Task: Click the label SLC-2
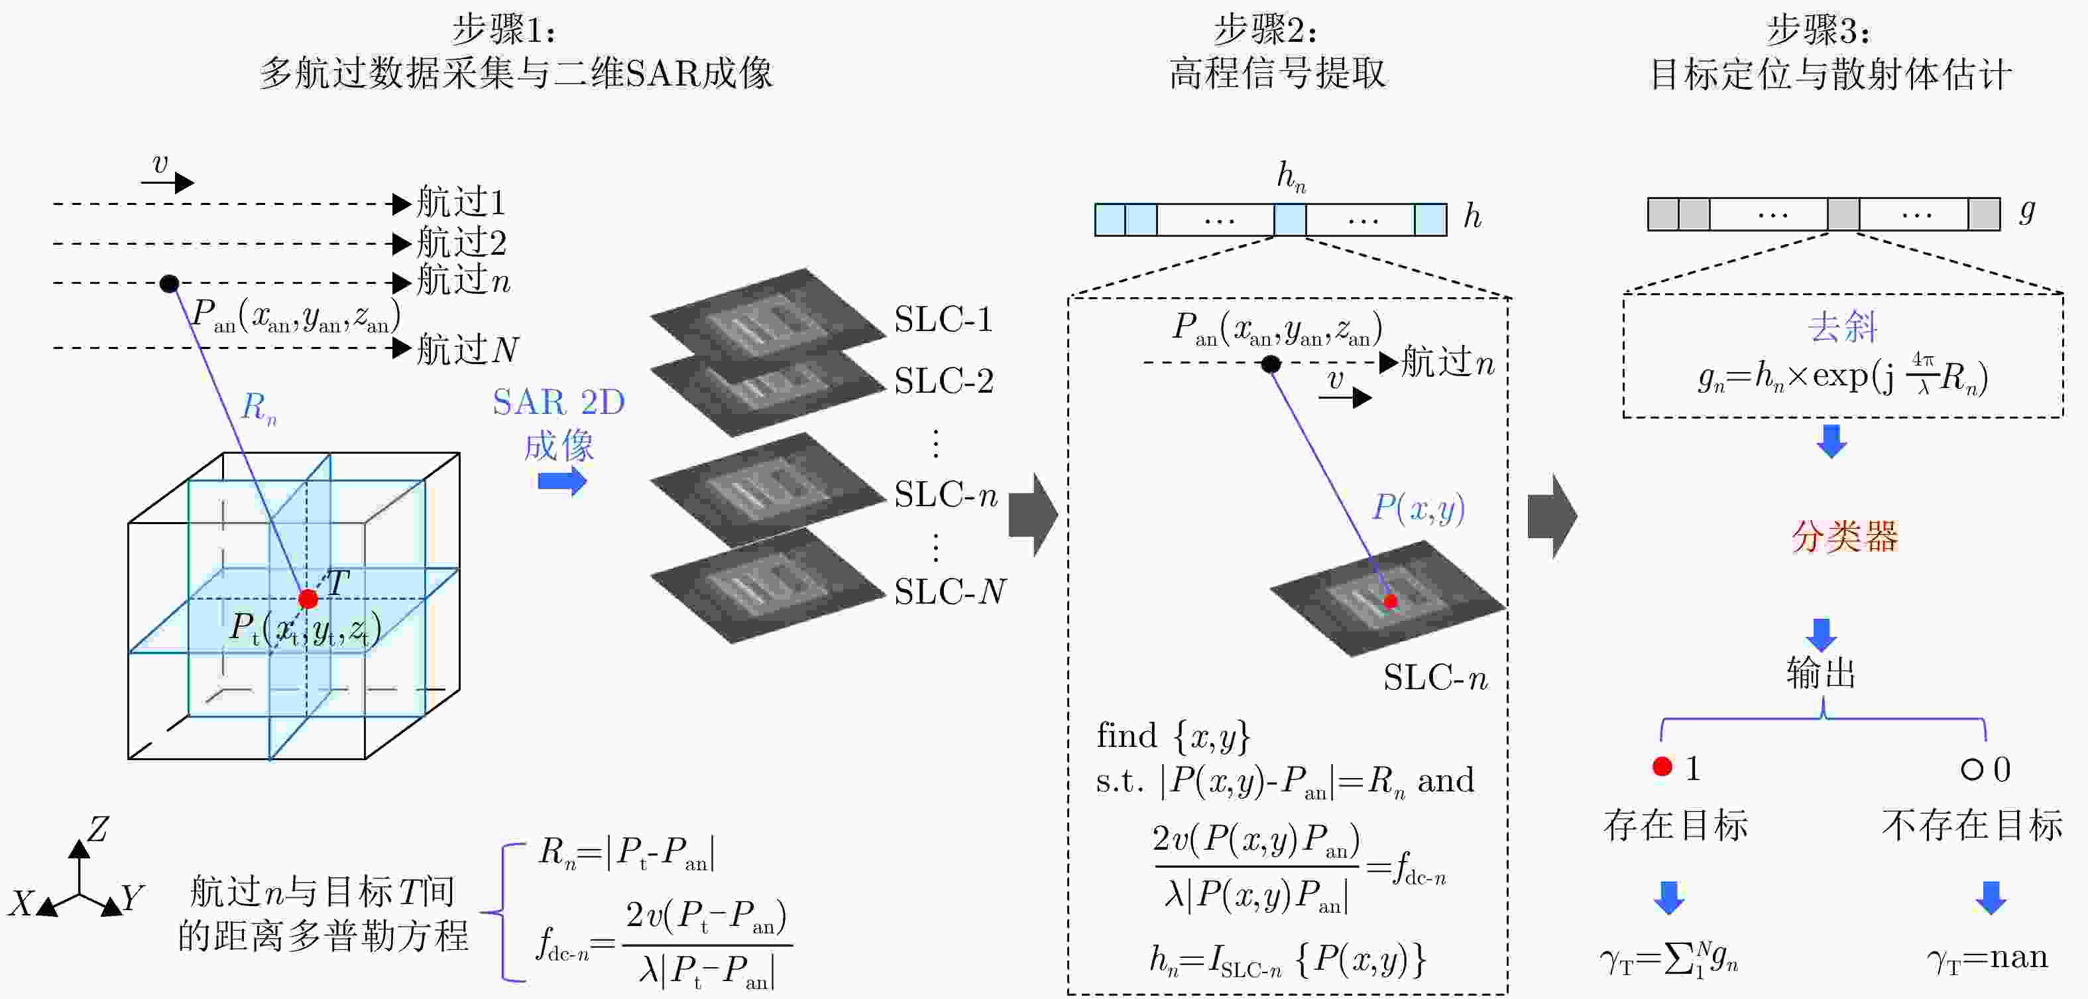pos(943,380)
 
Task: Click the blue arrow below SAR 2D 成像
pos(561,482)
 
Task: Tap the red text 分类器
pos(1844,536)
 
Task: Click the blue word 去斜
pos(1842,327)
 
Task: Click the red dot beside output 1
pos(1662,767)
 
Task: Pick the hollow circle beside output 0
pos(1971,769)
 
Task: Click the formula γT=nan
pos(1987,959)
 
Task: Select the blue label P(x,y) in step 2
pos(1419,508)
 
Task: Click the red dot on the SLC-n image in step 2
pos(1391,601)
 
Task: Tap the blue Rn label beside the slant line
pos(259,407)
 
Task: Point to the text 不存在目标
pos(1971,825)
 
